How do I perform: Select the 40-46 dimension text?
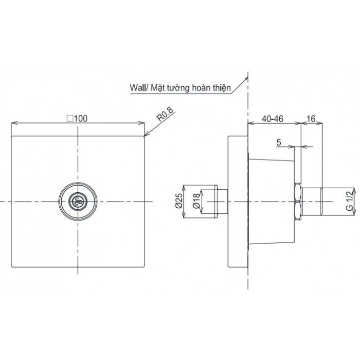[x=273, y=118]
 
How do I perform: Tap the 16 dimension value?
[x=311, y=118]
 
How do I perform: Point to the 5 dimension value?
[x=278, y=142]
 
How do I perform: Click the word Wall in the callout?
[x=138, y=89]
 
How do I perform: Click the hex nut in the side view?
[x=299, y=201]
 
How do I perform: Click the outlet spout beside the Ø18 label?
[x=217, y=200]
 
